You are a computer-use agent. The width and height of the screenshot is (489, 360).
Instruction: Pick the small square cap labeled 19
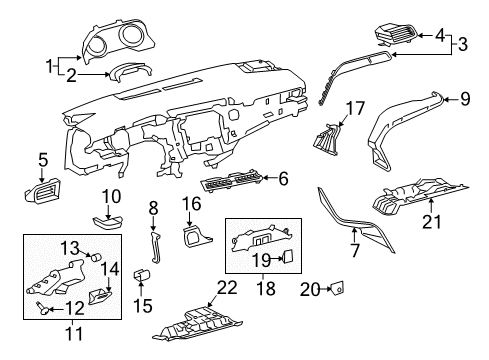287,256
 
